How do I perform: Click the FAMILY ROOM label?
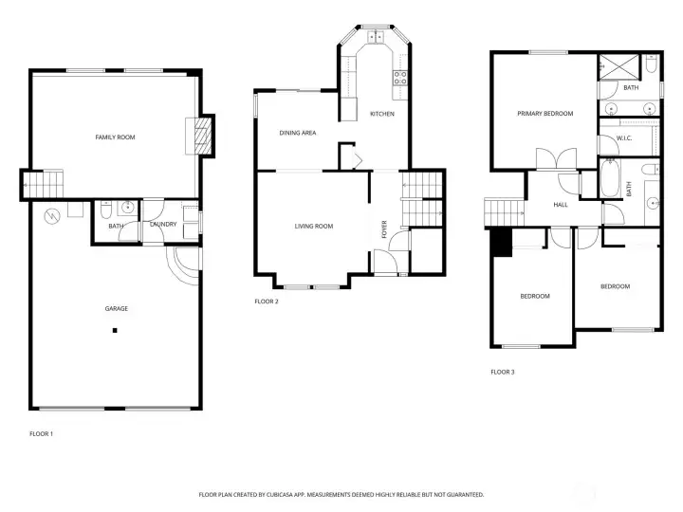coord(115,137)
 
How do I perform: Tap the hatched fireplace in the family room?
coord(203,136)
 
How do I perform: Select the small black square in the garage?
coord(115,331)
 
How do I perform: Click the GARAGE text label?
coord(117,309)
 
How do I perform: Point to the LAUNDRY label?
coord(163,224)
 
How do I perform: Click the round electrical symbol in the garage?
coord(52,216)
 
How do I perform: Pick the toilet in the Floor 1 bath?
coord(106,210)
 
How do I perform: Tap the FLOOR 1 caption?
coord(42,433)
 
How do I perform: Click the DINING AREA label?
coord(298,133)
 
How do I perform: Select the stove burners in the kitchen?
coord(400,78)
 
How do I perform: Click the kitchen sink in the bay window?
coord(376,37)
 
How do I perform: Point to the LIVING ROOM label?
coord(314,226)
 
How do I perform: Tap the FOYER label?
coord(384,229)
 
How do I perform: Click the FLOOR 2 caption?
coord(267,302)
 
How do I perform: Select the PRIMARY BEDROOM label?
coord(545,114)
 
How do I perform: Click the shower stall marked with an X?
coord(618,66)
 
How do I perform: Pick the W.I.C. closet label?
coord(624,138)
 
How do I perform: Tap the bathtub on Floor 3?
coord(609,178)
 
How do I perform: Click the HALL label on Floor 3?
coord(561,205)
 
